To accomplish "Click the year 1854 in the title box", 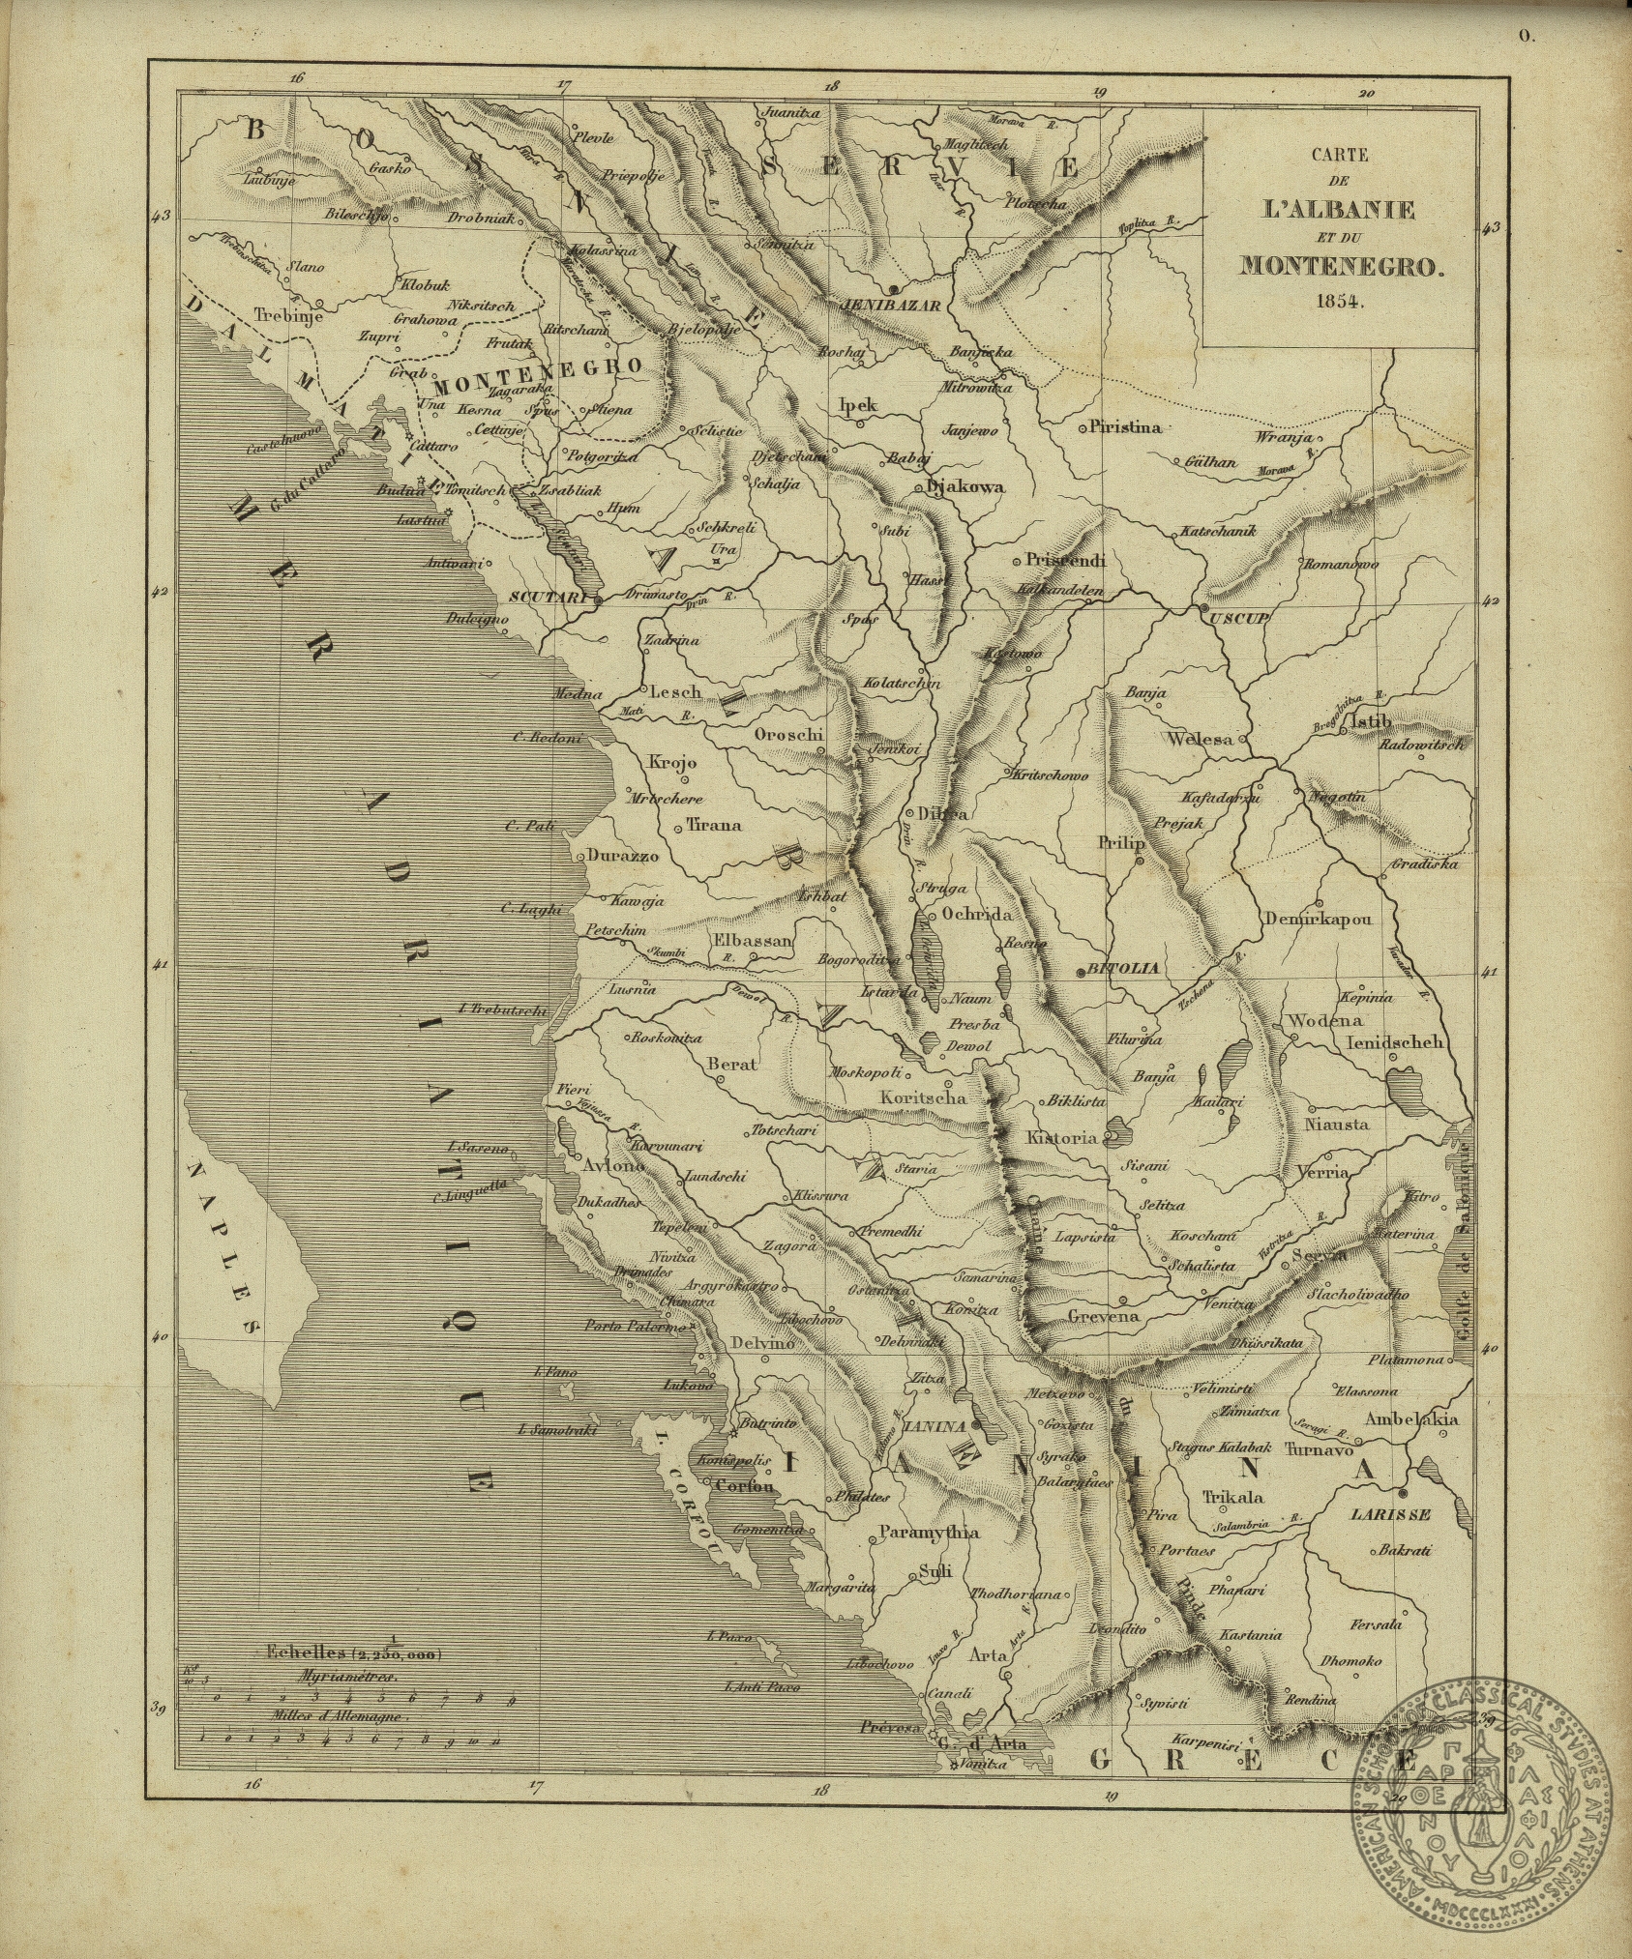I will pos(1339,299).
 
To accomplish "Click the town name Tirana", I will pos(713,825).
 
